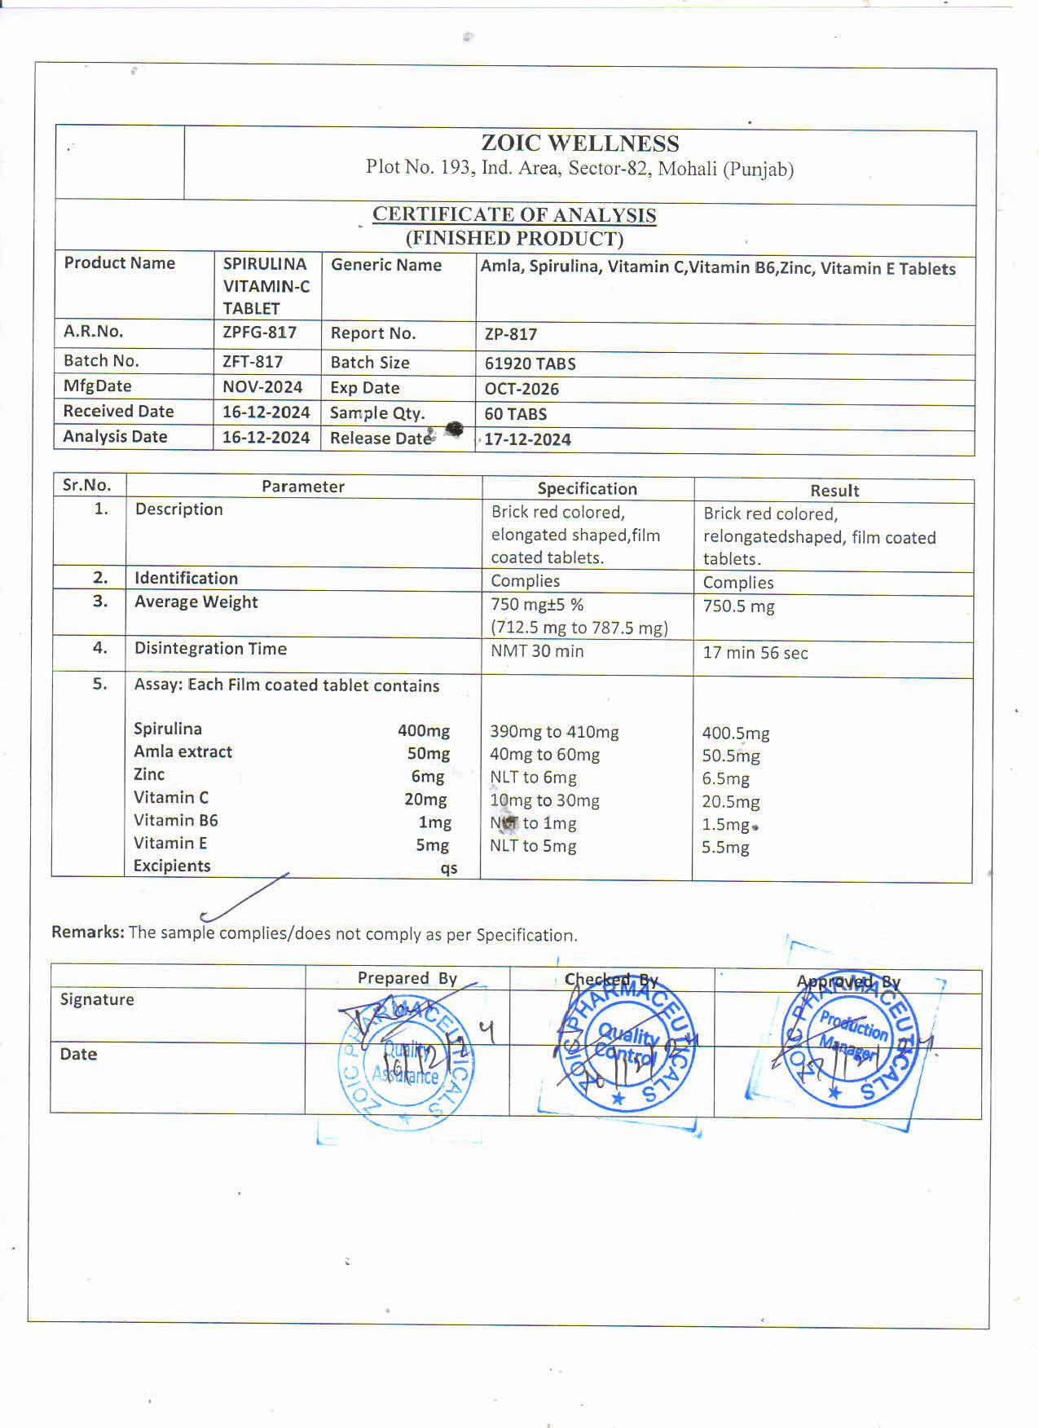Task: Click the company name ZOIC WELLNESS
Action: point(579,143)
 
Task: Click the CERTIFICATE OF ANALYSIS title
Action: point(514,215)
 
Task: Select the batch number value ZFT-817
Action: point(253,361)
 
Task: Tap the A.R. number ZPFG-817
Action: point(259,333)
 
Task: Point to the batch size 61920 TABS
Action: point(530,364)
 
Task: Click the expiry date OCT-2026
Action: point(522,389)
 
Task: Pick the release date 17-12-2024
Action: point(527,439)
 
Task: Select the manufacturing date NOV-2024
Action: point(262,386)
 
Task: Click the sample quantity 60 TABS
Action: point(515,414)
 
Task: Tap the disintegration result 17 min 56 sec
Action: point(755,653)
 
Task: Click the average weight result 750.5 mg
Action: point(738,606)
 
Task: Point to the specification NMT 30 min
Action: point(537,651)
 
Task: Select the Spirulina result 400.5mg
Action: point(735,734)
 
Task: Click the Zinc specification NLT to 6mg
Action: point(533,778)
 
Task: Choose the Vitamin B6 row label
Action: point(176,820)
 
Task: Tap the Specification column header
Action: point(587,489)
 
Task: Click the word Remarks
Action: point(87,932)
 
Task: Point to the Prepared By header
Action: point(407,978)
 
